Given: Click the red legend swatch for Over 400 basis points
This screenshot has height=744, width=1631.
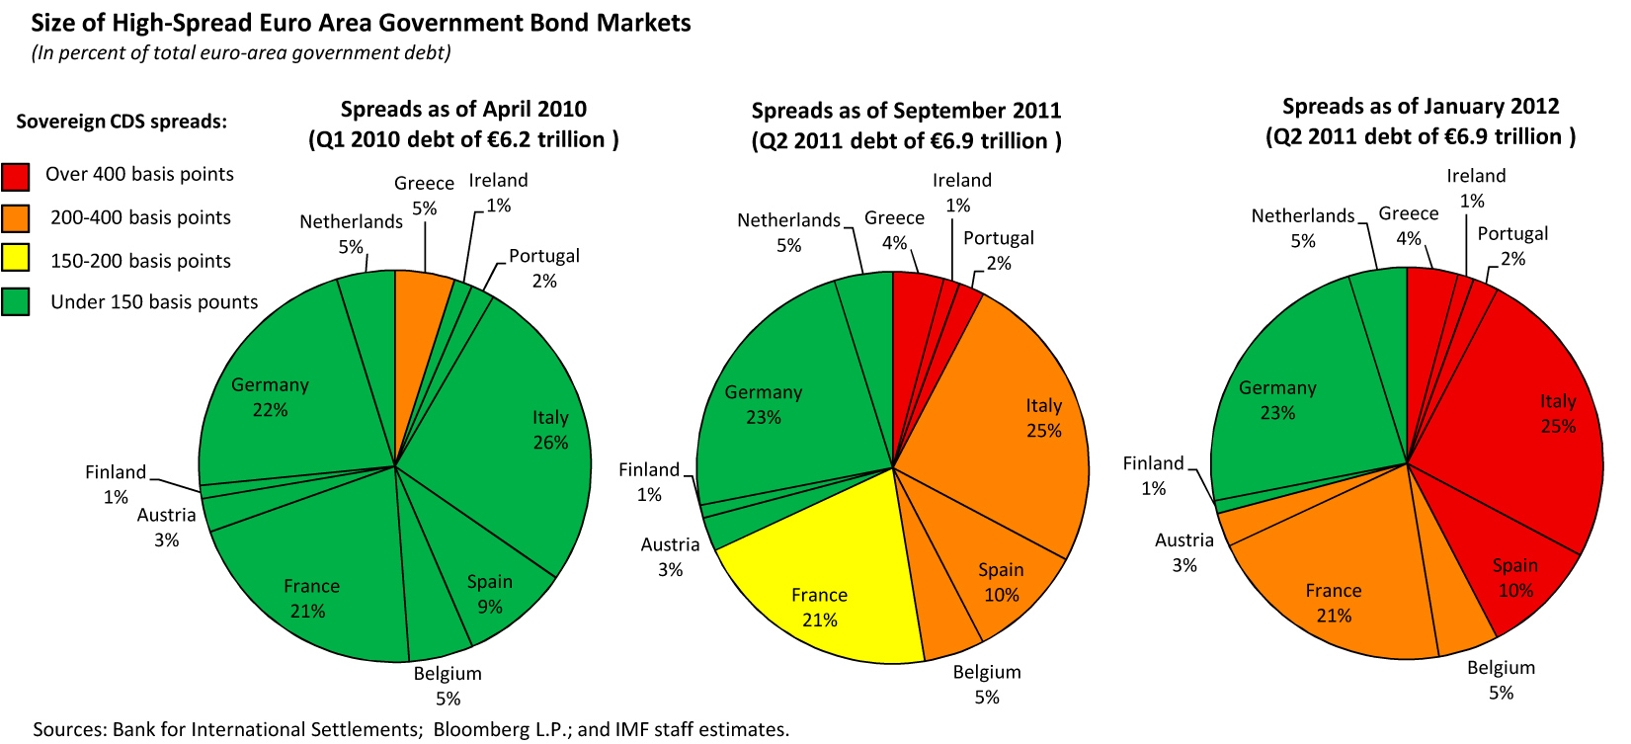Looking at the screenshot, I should click(15, 176).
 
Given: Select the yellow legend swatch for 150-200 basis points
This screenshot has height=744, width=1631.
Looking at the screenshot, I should click(15, 259).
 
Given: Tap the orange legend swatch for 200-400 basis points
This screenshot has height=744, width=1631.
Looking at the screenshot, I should click(15, 218).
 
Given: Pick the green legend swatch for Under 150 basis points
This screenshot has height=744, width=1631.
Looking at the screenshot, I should click(15, 301).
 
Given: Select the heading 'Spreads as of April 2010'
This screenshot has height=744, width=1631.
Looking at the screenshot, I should click(463, 109).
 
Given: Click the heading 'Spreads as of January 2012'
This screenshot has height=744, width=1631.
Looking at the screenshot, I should click(1420, 106).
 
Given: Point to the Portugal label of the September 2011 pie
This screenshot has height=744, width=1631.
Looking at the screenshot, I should click(998, 238).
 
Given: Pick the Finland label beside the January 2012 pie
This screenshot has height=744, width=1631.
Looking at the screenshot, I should click(1153, 463).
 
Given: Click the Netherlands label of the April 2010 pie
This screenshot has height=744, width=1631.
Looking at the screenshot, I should click(351, 221).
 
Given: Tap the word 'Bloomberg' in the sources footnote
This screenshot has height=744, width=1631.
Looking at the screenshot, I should click(478, 729).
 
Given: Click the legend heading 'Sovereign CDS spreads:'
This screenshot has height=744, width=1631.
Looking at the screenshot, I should click(122, 122).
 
